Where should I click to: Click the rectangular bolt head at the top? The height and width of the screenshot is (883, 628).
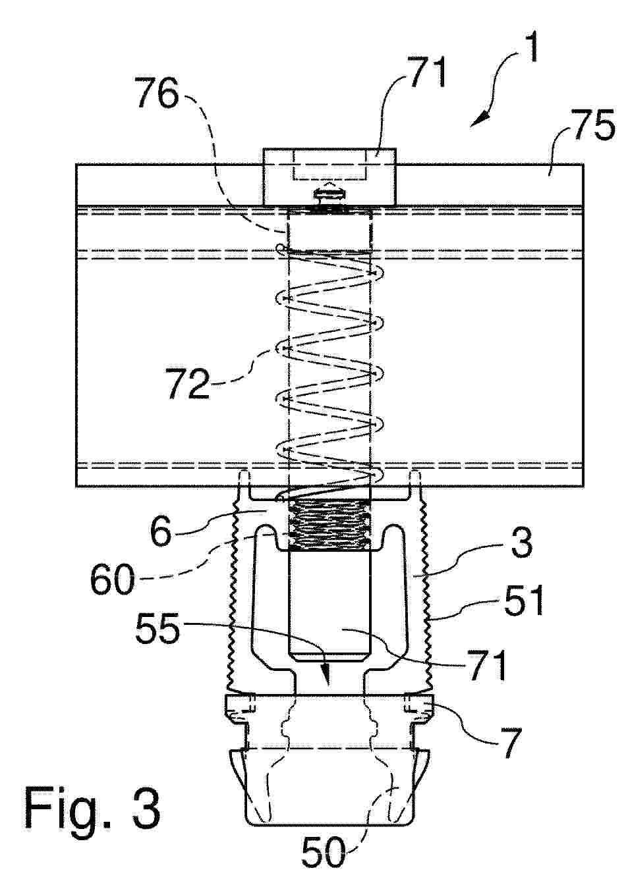click(x=329, y=176)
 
